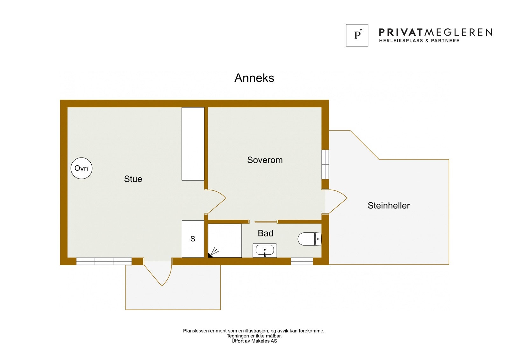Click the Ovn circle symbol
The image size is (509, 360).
click(x=81, y=168)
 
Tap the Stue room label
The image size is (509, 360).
click(x=133, y=179)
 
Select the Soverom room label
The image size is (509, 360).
click(x=265, y=160)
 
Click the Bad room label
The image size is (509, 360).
click(x=265, y=233)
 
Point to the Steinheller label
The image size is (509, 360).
click(x=388, y=206)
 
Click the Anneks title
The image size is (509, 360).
click(x=254, y=78)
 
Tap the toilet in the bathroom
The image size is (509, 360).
click(x=310, y=239)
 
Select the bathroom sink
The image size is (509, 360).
click(x=265, y=251)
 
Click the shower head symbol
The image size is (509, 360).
click(x=213, y=252)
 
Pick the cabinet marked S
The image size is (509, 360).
click(x=193, y=239)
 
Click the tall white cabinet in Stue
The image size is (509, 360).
click(x=193, y=144)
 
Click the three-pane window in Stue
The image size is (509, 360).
click(x=104, y=261)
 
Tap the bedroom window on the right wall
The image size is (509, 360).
click(x=325, y=165)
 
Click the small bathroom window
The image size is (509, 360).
click(x=302, y=261)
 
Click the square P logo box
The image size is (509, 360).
click(x=357, y=35)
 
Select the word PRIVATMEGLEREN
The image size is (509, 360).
click(x=435, y=32)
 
